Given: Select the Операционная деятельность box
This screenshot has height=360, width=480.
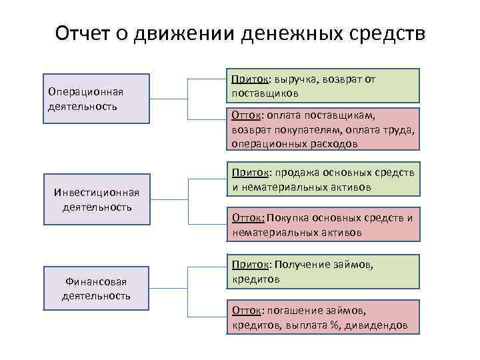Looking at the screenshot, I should point(97,99).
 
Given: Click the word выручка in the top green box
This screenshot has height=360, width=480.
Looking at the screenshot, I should point(290,79).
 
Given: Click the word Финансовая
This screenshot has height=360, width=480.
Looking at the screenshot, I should point(97,283).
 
